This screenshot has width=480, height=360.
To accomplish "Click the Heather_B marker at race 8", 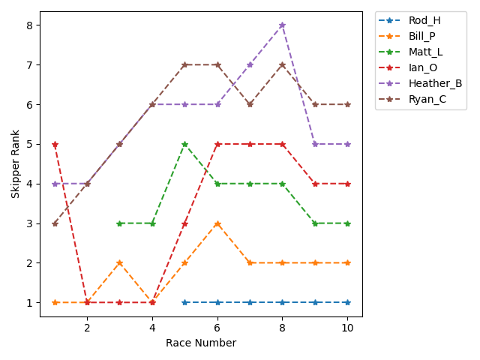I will coord(282,25).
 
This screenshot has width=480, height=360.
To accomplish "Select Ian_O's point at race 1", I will coord(55,144).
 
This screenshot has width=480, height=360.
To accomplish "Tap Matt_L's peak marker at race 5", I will coord(184,144).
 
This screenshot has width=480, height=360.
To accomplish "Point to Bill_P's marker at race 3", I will coord(120,263).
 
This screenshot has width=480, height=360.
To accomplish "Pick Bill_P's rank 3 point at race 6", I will coord(217,223).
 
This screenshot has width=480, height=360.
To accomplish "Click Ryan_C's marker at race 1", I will coord(55,223).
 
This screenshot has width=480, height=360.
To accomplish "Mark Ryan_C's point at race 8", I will coord(282,64).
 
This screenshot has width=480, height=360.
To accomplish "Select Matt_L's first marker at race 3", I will coord(120,223).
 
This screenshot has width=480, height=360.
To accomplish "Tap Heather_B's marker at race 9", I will coord(315,144).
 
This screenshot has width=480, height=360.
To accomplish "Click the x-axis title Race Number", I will coord(201,343).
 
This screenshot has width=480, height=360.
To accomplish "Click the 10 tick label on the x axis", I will coord(347,327).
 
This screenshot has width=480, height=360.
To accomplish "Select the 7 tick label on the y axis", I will coord(29,65).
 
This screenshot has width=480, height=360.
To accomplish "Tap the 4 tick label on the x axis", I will coord(152,327).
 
